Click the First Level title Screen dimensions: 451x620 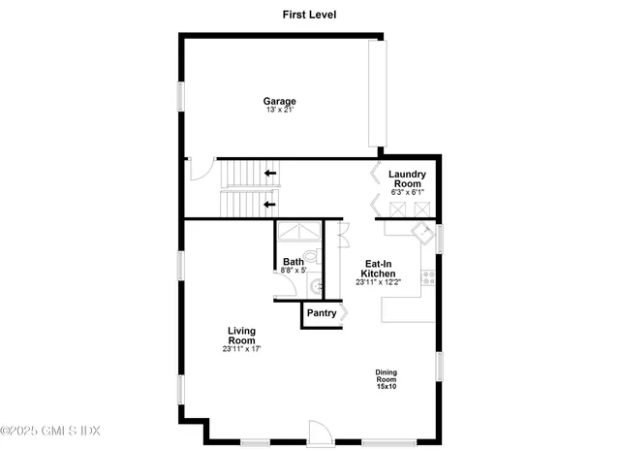309,15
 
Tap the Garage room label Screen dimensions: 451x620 280,101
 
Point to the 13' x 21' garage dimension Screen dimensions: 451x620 280,111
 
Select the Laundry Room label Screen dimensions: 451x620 406,179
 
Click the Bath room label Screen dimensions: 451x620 294,262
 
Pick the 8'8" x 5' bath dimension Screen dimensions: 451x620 294,271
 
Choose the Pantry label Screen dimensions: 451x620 321,313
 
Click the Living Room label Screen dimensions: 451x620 241,336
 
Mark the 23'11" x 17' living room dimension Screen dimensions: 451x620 241,349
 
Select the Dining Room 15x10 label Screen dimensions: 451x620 387,379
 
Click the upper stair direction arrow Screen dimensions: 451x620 269,174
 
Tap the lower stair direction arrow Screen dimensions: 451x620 269,204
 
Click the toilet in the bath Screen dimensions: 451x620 322,258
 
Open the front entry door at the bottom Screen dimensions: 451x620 319,433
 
